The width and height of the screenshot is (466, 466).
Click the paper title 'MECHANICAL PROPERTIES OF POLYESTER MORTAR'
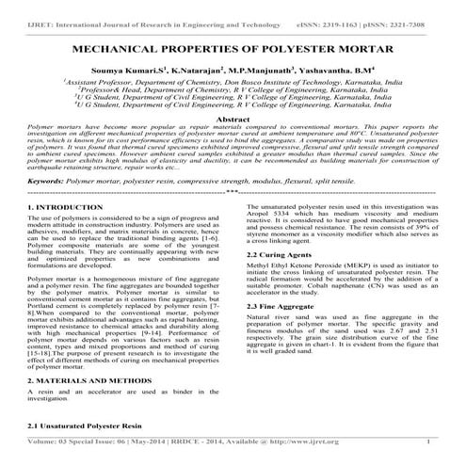[233, 44]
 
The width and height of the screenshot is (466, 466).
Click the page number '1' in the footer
[429, 442]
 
